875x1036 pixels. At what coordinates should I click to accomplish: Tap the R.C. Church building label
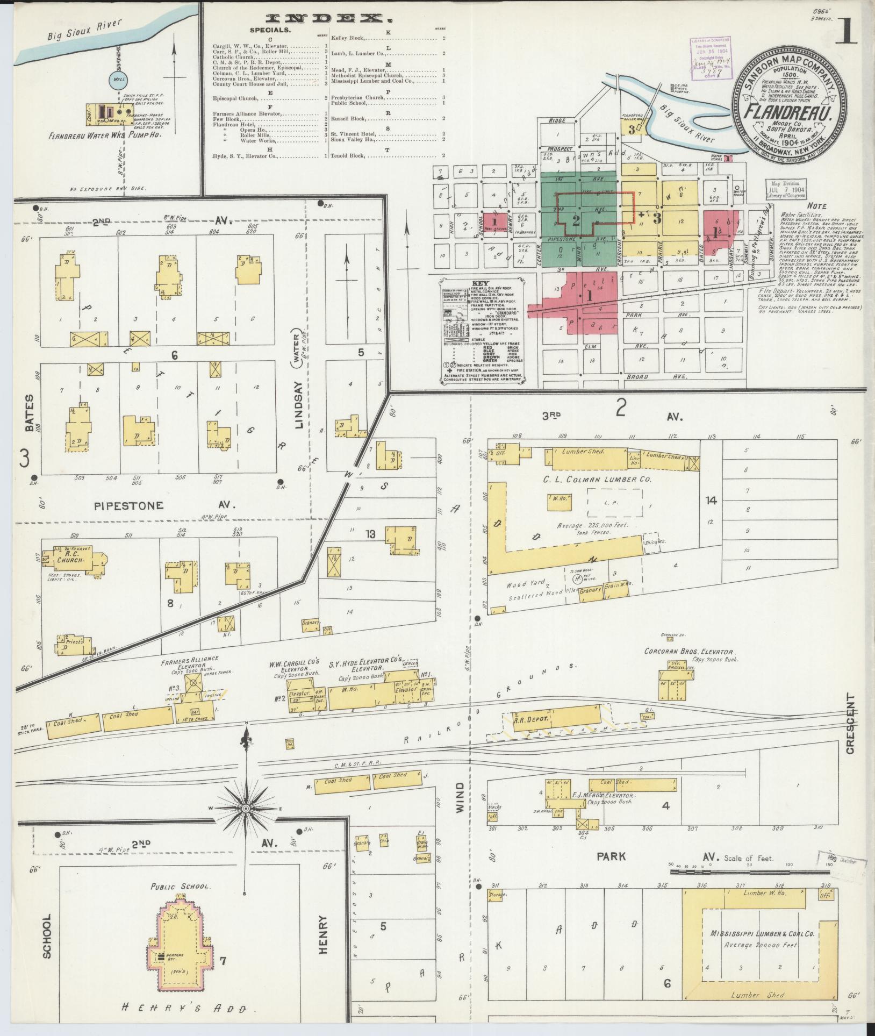[72, 556]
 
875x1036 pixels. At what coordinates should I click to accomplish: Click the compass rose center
[246, 808]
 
